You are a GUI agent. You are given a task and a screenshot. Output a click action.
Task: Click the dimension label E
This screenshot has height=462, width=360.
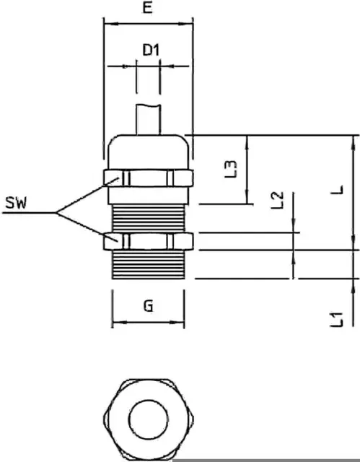(x=148, y=7)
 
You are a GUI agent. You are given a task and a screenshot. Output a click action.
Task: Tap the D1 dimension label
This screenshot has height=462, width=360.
(x=151, y=50)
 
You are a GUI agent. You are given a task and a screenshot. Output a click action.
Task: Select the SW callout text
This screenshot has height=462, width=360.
(x=16, y=203)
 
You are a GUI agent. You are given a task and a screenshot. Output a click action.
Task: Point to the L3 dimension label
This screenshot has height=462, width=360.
(x=230, y=169)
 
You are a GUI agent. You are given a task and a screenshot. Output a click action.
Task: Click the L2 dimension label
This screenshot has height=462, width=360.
(x=277, y=200)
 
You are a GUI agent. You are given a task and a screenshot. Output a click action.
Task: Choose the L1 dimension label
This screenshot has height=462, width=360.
(x=336, y=319)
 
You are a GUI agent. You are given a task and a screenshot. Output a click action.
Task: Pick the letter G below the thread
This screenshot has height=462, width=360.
(x=149, y=306)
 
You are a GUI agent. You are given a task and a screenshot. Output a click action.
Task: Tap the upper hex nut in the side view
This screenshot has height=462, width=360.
(x=149, y=178)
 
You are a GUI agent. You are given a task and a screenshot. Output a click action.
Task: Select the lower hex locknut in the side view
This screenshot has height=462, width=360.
(x=149, y=241)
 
